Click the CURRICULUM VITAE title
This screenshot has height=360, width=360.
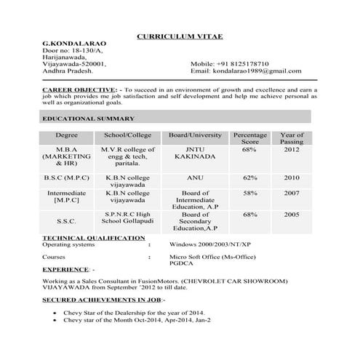[x=180, y=36]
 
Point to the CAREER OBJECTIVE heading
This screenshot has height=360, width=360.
[x=76, y=88]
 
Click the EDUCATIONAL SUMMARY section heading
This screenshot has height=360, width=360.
[x=88, y=118]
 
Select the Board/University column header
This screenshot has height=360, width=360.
[x=195, y=135]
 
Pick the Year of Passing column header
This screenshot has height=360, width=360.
[x=292, y=138]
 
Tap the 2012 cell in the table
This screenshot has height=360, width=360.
[x=292, y=149]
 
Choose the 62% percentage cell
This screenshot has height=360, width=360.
[x=250, y=177]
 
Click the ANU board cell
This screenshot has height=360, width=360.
[x=195, y=177]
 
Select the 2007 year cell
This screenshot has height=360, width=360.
[x=292, y=193]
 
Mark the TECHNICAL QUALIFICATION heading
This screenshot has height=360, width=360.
[x=93, y=238]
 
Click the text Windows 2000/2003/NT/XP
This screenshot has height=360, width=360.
[x=210, y=245]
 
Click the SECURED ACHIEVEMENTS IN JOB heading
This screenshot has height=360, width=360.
[x=103, y=300]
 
